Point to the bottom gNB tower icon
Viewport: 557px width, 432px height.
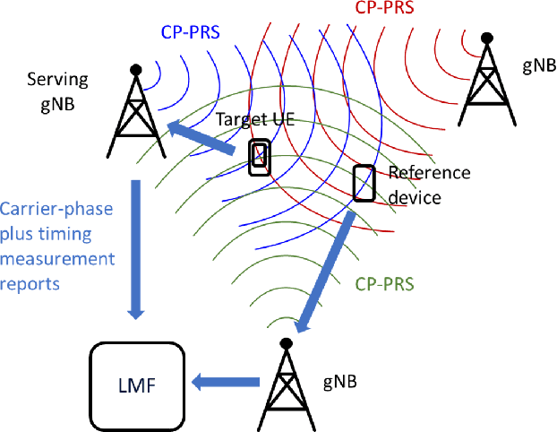pyautogui.click(x=287, y=385)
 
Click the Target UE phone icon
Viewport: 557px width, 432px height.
pyautogui.click(x=260, y=157)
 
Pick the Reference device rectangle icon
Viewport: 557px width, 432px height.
pyautogui.click(x=364, y=183)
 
